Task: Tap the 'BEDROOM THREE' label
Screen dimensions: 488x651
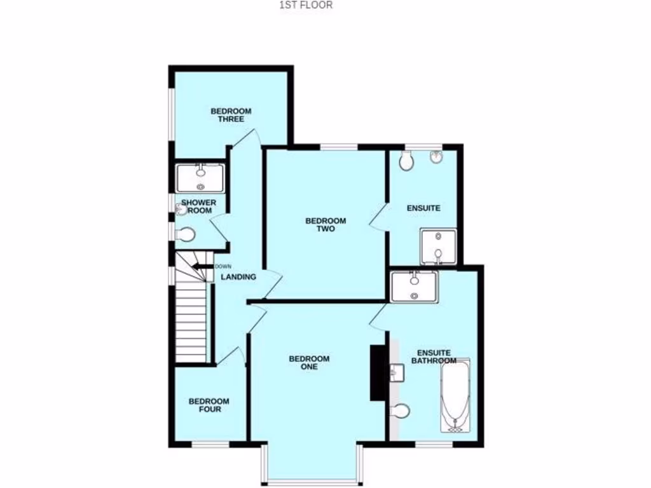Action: pyautogui.click(x=231, y=115)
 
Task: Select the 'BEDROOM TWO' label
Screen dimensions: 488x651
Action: pyautogui.click(x=325, y=225)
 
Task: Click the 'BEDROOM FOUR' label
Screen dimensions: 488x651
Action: pyautogui.click(x=209, y=405)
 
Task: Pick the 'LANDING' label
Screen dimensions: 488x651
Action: pyautogui.click(x=238, y=277)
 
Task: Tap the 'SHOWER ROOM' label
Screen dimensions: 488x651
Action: pyautogui.click(x=199, y=207)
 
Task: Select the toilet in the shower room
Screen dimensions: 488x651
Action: pyautogui.click(x=185, y=235)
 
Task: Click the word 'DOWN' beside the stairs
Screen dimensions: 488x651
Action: pyautogui.click(x=223, y=266)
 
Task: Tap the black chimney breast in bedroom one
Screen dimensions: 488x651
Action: pyautogui.click(x=378, y=372)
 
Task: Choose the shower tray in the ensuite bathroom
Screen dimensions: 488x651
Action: pyautogui.click(x=414, y=286)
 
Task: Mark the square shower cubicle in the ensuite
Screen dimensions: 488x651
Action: pyautogui.click(x=438, y=247)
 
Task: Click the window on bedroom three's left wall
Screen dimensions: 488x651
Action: pyautogui.click(x=171, y=113)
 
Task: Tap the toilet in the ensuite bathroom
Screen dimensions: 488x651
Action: pyautogui.click(x=401, y=412)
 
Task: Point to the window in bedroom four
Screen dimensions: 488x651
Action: pyautogui.click(x=210, y=443)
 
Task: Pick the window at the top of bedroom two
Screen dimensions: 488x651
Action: pyautogui.click(x=339, y=147)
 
